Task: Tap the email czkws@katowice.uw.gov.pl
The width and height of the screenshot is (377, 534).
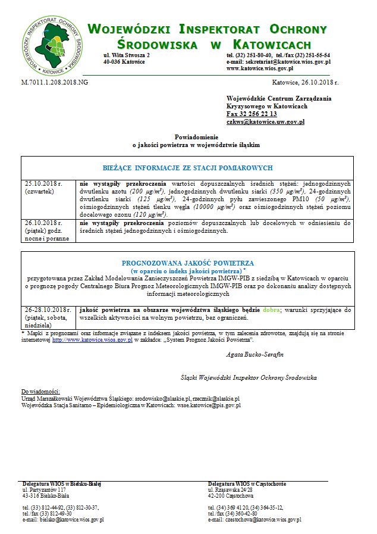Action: [265, 121]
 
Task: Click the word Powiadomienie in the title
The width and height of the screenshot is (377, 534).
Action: [196, 136]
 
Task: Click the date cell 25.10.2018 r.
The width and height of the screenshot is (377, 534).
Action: [43, 183]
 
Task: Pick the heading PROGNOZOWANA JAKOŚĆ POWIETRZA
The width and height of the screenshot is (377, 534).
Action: [188, 263]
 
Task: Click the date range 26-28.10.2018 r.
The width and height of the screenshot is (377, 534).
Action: [47, 310]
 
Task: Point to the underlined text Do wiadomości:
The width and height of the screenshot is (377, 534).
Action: [40, 391]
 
